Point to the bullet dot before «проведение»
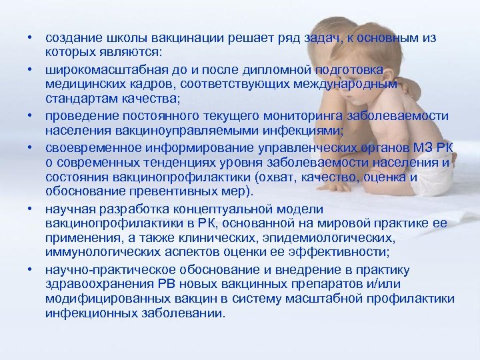click(x=31, y=113)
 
